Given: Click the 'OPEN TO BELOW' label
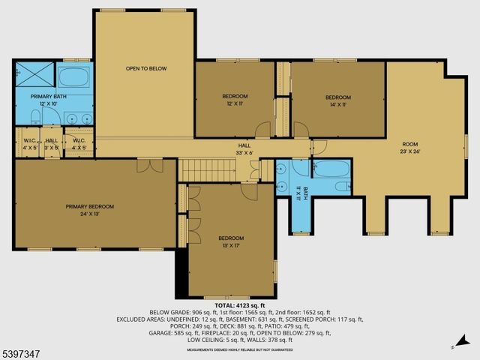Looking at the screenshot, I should point(145,68).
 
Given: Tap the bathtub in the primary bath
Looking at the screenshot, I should point(73,78).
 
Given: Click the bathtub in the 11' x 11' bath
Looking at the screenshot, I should point(331,169).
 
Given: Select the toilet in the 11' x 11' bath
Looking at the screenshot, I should point(340,187).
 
